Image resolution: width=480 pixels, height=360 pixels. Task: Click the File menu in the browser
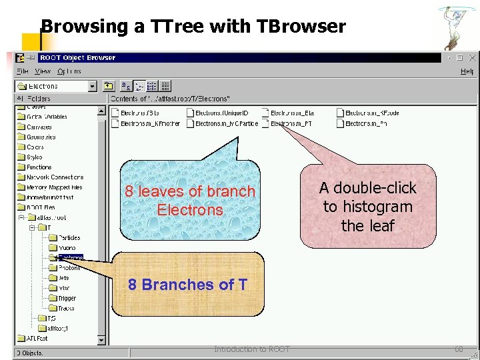[x=23, y=71]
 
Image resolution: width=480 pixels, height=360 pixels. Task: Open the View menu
[x=43, y=71]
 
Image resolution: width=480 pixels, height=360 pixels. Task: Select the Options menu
[x=69, y=71]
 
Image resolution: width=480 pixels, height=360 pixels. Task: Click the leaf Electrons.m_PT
[x=292, y=123]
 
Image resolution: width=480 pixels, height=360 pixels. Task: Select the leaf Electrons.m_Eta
[x=292, y=113]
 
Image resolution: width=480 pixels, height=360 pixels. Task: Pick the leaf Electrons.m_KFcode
[x=372, y=113]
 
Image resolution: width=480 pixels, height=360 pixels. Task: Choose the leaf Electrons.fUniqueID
[x=221, y=113]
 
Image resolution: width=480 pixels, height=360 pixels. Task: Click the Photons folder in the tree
[x=69, y=268]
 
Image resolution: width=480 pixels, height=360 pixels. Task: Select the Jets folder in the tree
[x=63, y=278]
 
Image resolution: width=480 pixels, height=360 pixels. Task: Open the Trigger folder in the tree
[x=67, y=298]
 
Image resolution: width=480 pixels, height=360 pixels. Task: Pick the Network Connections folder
[x=55, y=177]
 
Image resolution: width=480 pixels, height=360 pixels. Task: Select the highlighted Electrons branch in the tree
[x=71, y=257]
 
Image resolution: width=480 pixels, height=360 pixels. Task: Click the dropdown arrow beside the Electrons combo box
[x=93, y=86]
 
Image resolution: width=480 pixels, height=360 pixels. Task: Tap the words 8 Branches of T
[x=187, y=285]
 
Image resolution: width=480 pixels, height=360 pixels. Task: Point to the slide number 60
[x=459, y=349]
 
